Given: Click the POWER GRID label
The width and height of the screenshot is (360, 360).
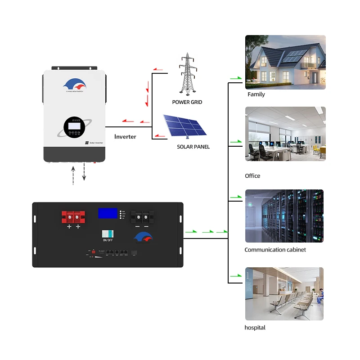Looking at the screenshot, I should point(187,102).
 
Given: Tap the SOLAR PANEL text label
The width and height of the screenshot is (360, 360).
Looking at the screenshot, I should point(193,147).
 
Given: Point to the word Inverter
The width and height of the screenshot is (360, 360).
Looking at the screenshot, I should point(125,136).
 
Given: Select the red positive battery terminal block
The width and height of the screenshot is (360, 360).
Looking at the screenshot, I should point(73,216).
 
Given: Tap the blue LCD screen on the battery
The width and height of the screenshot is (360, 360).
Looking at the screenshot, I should point(108,213).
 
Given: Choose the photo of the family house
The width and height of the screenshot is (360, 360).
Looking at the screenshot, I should point(285,62).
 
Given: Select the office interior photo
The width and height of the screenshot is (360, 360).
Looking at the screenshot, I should point(285,134).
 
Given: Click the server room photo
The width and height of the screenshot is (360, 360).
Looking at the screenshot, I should point(284,216).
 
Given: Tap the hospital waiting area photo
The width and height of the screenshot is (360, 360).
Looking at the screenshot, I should point(284,293).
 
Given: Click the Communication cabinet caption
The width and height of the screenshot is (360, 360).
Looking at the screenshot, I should point(275,250).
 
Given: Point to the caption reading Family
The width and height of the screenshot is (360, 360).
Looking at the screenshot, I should point(256,94).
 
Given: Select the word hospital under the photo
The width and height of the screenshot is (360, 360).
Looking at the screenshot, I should point(255,328).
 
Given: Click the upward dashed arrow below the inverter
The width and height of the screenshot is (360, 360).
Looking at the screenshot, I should point(74,175).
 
